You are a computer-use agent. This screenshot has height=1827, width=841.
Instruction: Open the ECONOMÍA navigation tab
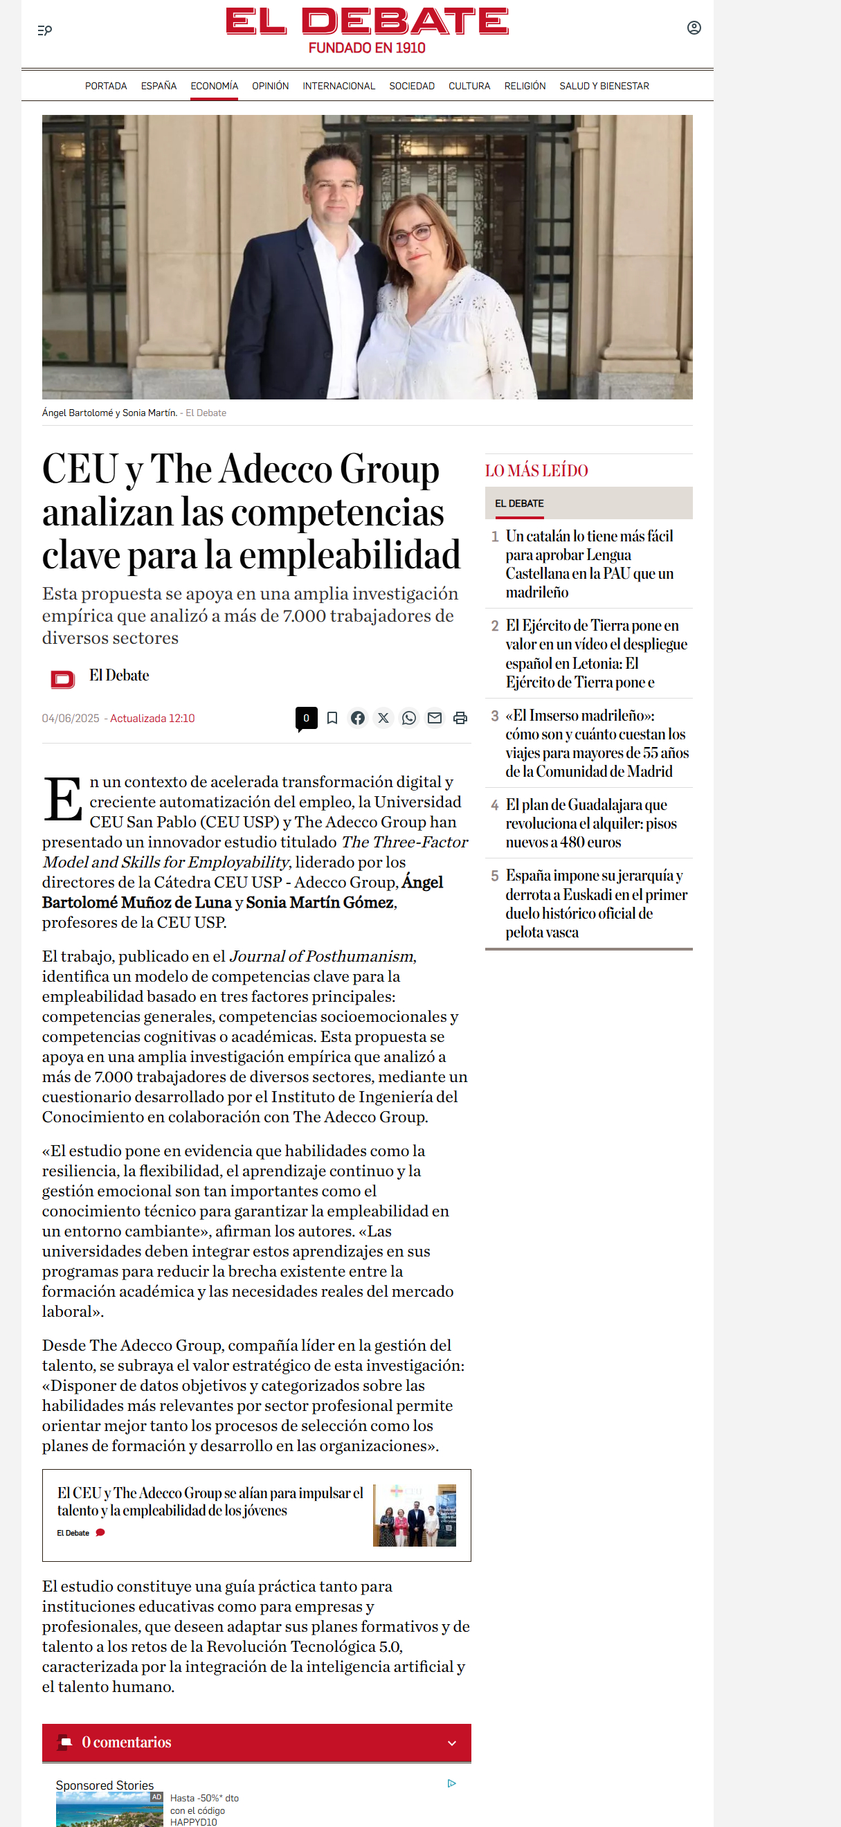click(x=214, y=86)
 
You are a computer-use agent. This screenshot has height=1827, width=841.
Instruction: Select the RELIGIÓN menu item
click(x=525, y=86)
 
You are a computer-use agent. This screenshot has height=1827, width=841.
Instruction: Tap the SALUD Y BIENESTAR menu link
click(x=604, y=86)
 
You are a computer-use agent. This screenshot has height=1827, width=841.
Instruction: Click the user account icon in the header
click(x=694, y=28)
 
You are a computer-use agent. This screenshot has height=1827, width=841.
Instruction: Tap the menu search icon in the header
click(x=45, y=30)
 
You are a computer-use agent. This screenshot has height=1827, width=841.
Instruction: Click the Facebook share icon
click(x=358, y=718)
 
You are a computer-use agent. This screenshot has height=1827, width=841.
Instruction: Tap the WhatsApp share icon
click(x=409, y=718)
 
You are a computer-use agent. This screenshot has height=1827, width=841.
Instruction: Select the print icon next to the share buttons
click(x=460, y=718)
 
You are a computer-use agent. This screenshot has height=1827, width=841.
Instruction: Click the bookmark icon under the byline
click(x=332, y=718)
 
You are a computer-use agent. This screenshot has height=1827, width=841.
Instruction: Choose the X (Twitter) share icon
click(x=383, y=718)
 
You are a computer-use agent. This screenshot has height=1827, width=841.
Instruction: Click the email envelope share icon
click(x=435, y=718)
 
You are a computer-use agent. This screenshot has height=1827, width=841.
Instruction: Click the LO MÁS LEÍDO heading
click(x=536, y=470)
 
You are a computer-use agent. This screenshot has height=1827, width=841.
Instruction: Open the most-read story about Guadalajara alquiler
click(x=590, y=822)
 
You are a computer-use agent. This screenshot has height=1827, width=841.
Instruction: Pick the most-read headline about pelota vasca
click(x=596, y=903)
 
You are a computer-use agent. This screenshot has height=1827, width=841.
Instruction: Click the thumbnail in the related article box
click(x=414, y=1515)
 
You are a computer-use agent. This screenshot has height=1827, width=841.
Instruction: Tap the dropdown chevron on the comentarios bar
click(x=452, y=1743)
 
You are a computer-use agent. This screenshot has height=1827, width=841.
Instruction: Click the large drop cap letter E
click(x=63, y=800)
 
